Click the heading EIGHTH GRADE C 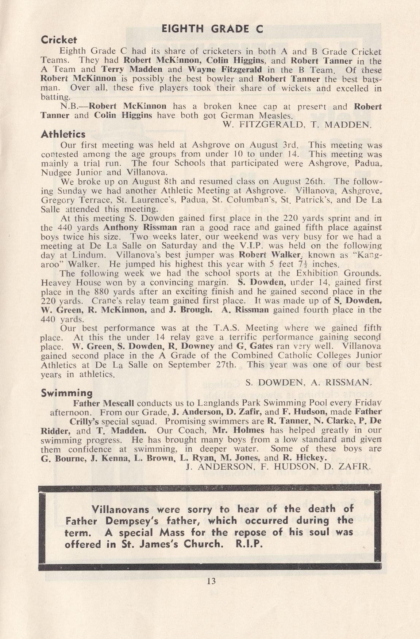pyautogui.click(x=212, y=29)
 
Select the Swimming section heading pyautogui.click(x=67, y=393)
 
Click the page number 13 pyautogui.click(x=211, y=581)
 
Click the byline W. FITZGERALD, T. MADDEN pyautogui.click(x=297, y=125)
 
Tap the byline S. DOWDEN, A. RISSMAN pyautogui.click(x=308, y=383)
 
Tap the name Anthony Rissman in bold pyautogui.click(x=140, y=227)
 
